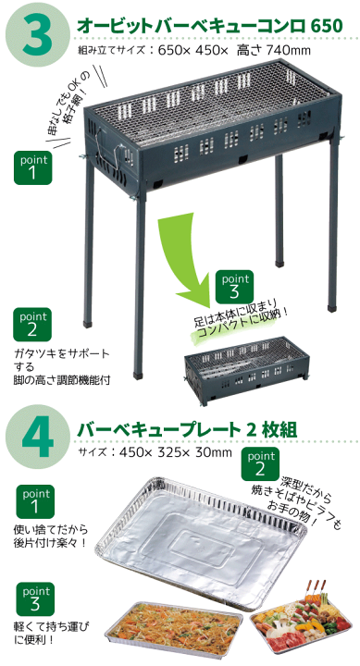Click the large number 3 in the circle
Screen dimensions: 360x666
(x=37, y=35)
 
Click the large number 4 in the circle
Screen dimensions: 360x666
(x=38, y=438)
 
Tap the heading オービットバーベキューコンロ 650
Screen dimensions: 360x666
(x=209, y=26)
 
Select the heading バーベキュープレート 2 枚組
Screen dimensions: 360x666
(x=187, y=430)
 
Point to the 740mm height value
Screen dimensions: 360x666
(x=289, y=51)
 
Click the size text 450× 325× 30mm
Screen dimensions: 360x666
(x=176, y=452)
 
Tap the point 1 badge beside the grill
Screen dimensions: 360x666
(x=32, y=167)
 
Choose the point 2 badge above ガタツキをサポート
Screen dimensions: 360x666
(x=31, y=324)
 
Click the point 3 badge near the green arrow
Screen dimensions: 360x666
(x=235, y=286)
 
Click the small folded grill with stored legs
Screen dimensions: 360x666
(x=246, y=369)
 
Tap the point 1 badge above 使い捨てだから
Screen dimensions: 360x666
(x=35, y=501)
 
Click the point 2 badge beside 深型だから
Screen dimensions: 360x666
(x=260, y=463)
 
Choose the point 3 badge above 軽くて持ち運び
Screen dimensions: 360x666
(x=35, y=598)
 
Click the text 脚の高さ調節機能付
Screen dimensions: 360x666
(x=61, y=379)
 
